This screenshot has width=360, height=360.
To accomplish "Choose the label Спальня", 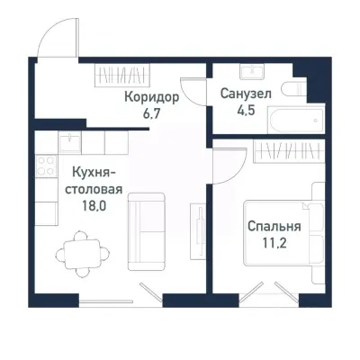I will [274, 227].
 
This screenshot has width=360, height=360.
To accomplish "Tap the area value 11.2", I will [274, 244].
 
